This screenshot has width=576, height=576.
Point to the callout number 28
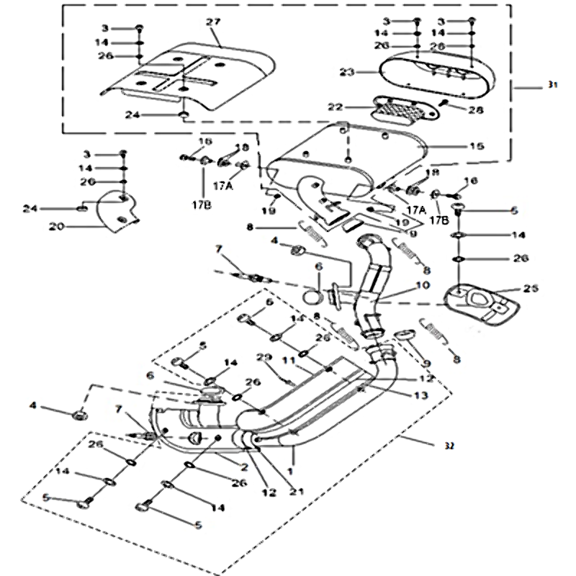click(x=476, y=109)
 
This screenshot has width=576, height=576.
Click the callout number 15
click(x=477, y=146)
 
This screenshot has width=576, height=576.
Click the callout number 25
click(x=531, y=289)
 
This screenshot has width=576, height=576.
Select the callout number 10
click(x=422, y=286)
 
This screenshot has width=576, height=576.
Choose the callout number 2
click(x=244, y=467)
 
